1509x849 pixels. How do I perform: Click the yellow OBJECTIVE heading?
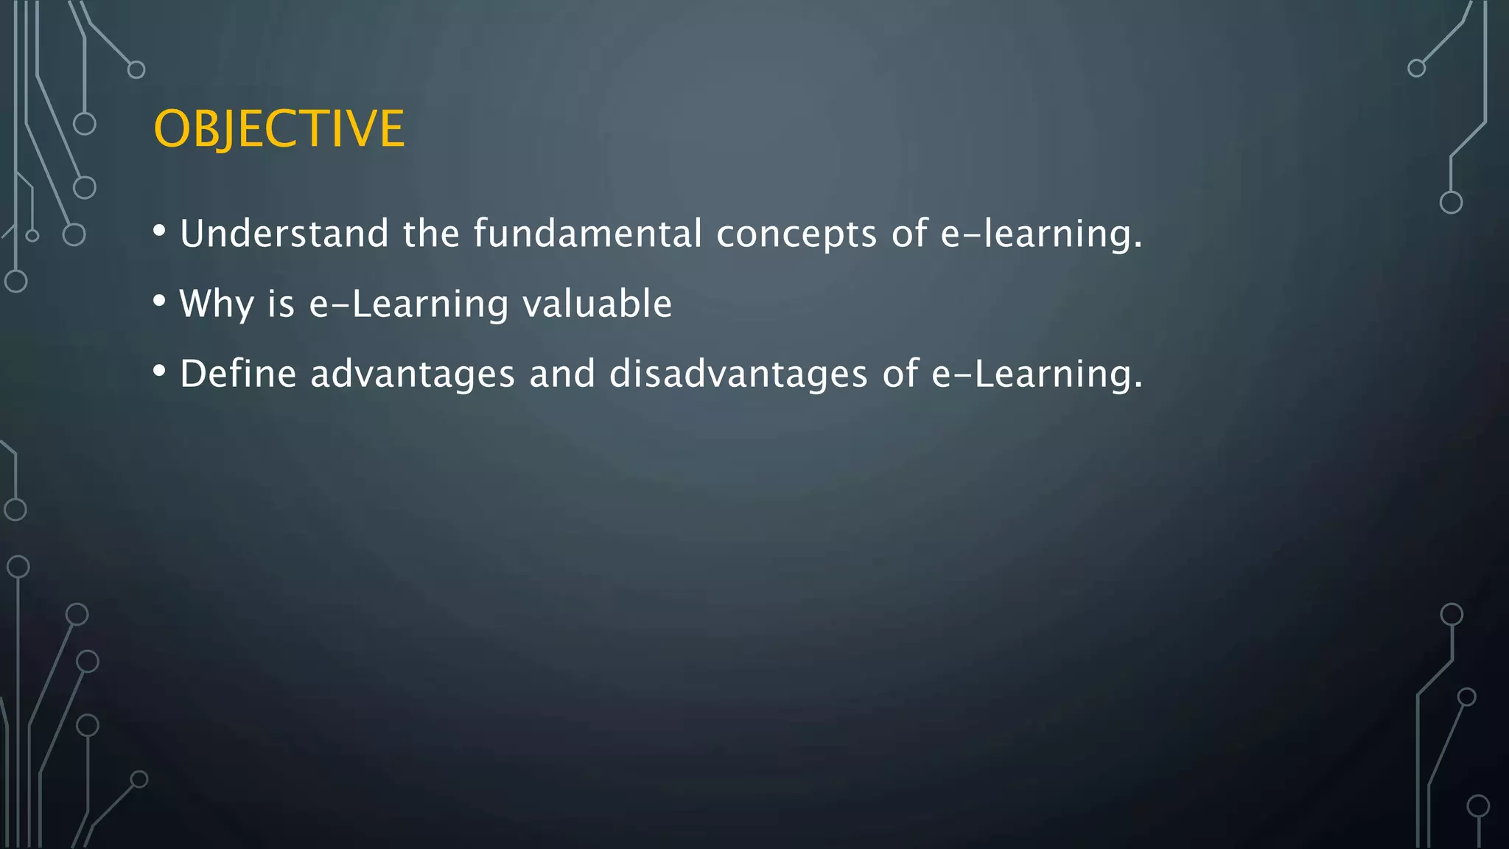click(x=279, y=129)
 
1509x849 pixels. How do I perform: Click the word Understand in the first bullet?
click(x=284, y=234)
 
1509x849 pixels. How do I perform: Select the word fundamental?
click(x=587, y=234)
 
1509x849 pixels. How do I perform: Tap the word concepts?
click(x=796, y=235)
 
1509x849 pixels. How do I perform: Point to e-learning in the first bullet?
click(x=1041, y=235)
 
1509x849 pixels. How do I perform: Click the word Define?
click(x=238, y=374)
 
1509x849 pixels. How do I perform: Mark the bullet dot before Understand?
click(x=159, y=231)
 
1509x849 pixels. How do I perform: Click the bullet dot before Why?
click(x=159, y=301)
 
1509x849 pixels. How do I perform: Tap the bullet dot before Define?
click(x=159, y=371)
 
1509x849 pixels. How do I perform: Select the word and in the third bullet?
click(x=562, y=374)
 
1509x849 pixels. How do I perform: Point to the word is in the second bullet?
click(x=281, y=304)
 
